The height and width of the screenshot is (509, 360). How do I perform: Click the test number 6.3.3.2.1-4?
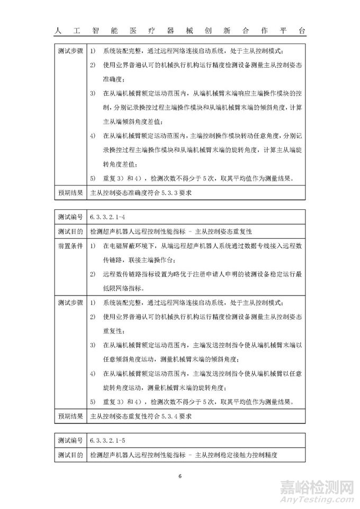click(x=108, y=217)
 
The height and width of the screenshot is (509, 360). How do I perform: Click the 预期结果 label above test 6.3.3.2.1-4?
click(x=70, y=193)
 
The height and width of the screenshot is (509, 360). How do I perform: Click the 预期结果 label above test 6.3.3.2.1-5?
click(x=70, y=416)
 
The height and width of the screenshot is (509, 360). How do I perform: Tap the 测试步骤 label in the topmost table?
click(x=70, y=51)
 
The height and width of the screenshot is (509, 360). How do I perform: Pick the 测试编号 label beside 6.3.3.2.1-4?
click(x=70, y=217)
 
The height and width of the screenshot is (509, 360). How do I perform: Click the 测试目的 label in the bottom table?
click(x=70, y=454)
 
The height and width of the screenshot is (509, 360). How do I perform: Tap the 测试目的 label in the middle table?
click(x=70, y=232)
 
